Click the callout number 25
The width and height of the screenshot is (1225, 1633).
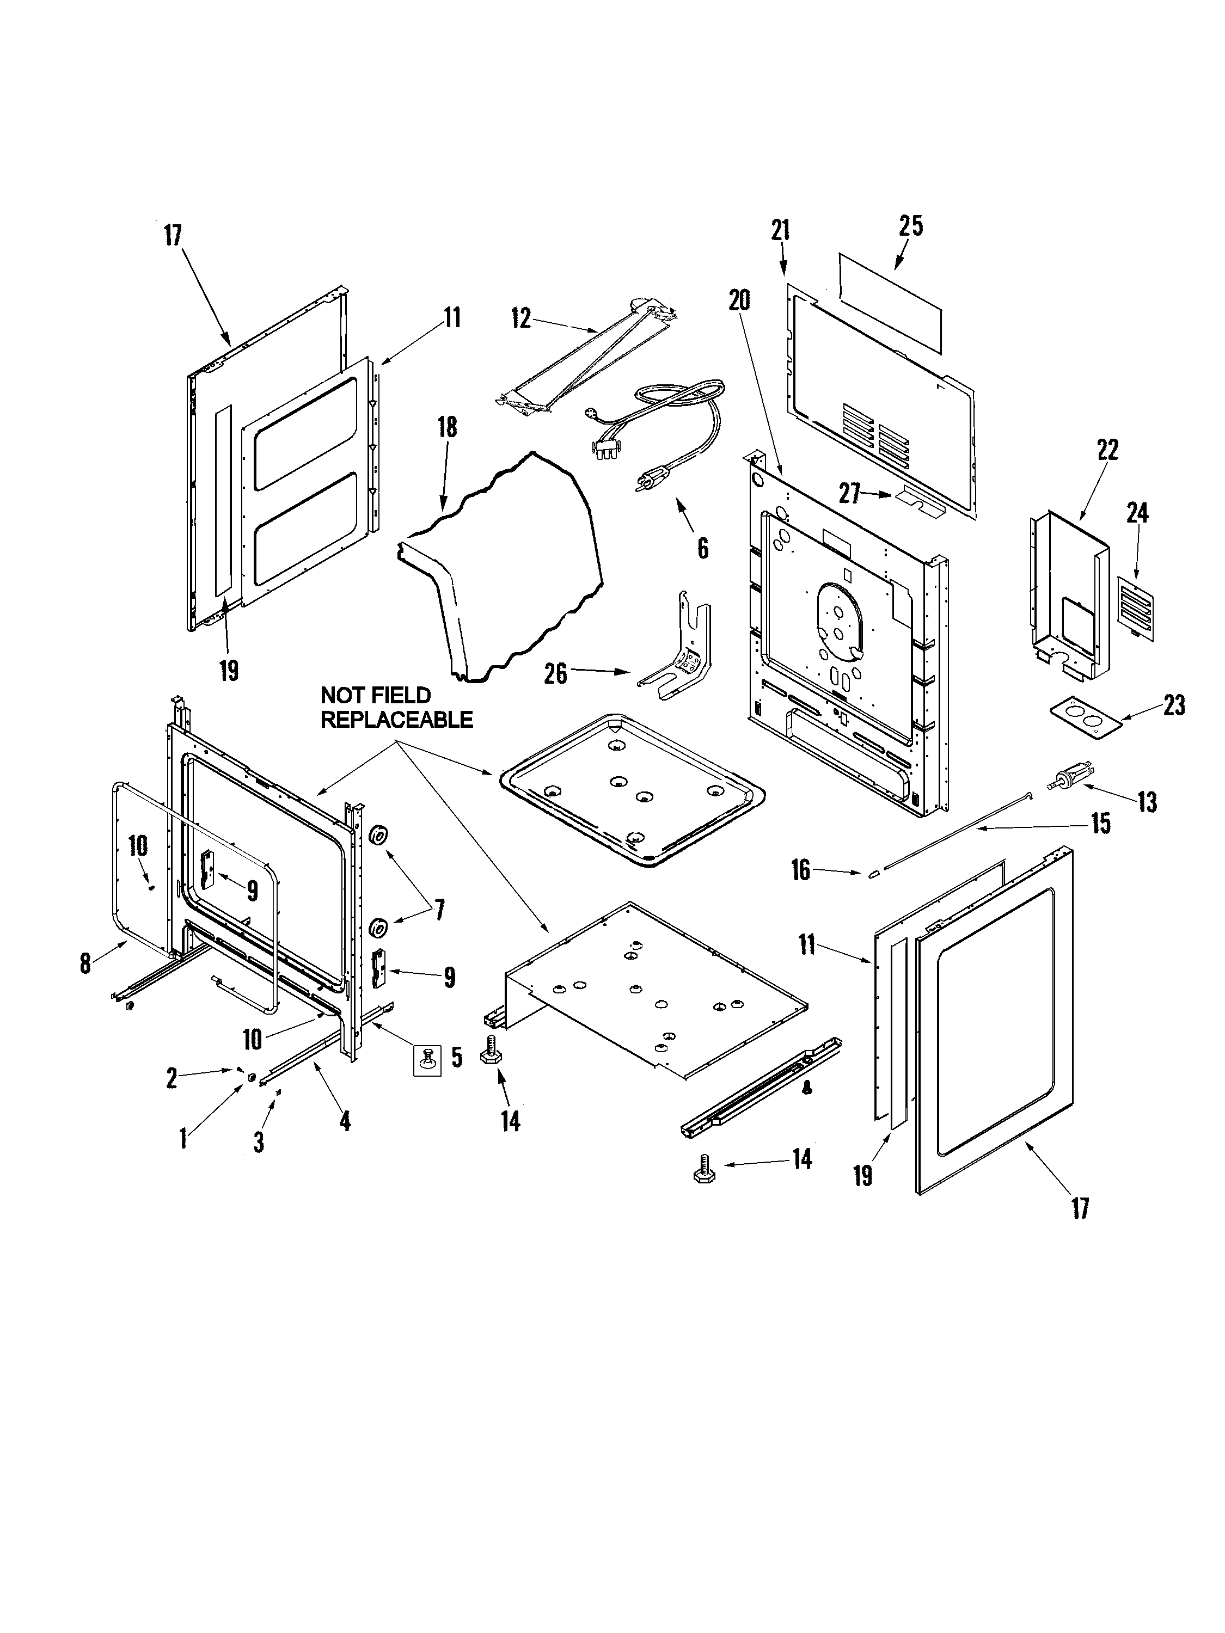pos(910,226)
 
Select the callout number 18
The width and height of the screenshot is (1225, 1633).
pos(448,427)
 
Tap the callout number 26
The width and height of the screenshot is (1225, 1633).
pos(555,673)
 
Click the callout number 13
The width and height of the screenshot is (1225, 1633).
pos(1147,802)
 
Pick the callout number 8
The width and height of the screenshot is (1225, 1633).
pos(85,963)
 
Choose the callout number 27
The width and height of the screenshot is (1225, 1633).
pos(849,493)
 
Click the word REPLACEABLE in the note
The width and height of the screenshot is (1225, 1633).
pos(396,720)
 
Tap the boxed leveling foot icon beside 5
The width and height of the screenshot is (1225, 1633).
pos(427,1060)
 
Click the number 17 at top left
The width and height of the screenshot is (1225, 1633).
pos(172,236)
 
